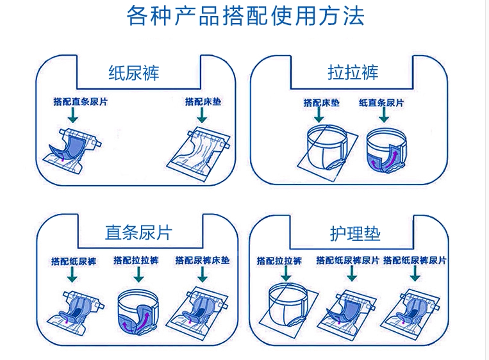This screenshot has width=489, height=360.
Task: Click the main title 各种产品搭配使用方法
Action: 245,15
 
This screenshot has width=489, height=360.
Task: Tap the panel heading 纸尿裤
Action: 134,73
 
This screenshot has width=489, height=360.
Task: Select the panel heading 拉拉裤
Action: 352,72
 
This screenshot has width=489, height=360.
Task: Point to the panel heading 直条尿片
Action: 138,233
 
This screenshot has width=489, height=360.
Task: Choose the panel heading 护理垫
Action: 355,233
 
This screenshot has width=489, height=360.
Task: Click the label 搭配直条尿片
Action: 81,102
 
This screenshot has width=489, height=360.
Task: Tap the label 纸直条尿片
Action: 381,102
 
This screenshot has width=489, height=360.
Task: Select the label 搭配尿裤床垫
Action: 203,260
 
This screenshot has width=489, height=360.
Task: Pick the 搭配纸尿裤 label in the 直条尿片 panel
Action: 74,261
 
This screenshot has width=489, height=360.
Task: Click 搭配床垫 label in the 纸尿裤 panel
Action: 203,102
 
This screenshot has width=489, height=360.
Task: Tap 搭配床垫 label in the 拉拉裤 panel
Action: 322,102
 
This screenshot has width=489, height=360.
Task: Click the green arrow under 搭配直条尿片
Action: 73,115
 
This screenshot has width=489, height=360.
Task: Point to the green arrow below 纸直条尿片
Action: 384,115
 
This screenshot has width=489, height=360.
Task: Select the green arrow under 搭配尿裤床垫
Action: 203,275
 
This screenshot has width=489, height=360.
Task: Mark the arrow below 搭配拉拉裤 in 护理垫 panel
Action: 286,274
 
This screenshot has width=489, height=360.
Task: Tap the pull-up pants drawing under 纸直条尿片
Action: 386,150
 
